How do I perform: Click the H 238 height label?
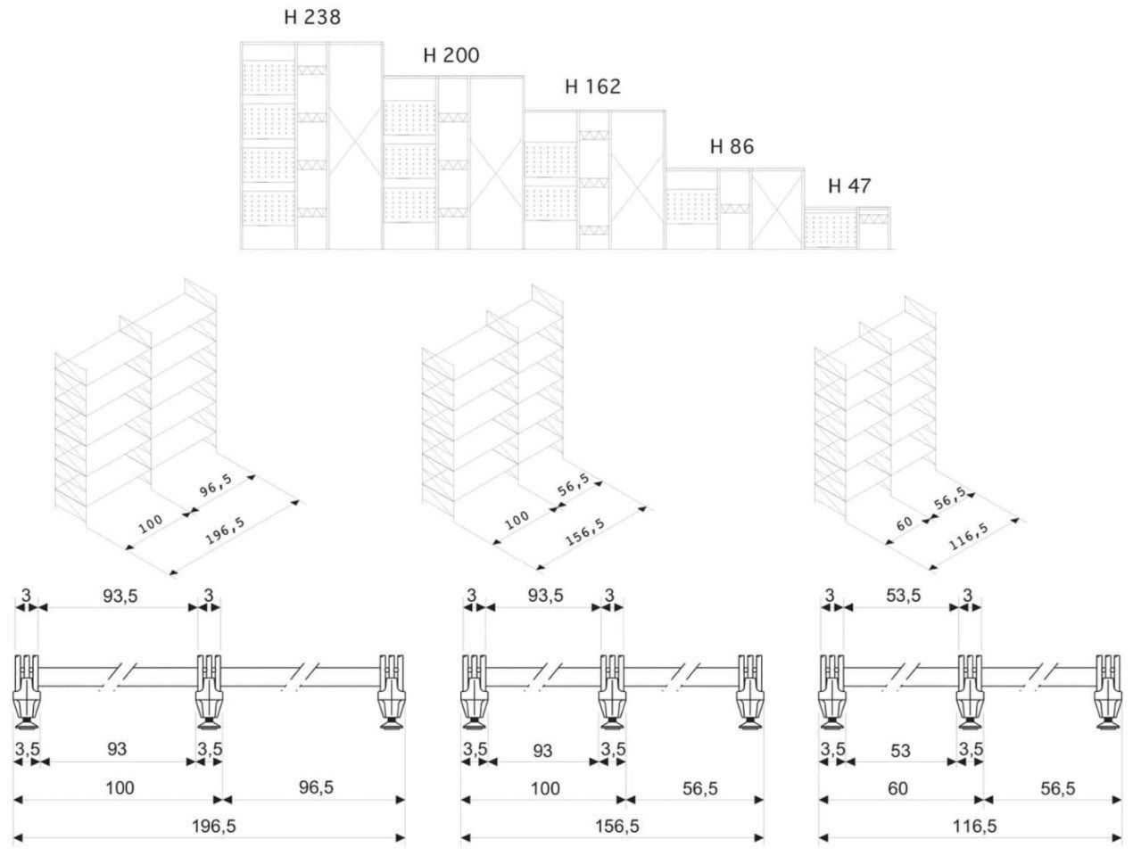pyautogui.click(x=312, y=17)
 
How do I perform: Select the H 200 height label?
pyautogui.click(x=451, y=56)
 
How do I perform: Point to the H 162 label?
pyautogui.click(x=592, y=87)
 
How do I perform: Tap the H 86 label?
pyautogui.click(x=732, y=147)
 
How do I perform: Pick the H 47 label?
pyautogui.click(x=849, y=186)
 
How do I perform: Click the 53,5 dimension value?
pyautogui.click(x=903, y=596)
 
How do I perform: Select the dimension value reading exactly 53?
pyautogui.click(x=900, y=751)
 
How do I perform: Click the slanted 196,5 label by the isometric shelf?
pyautogui.click(x=226, y=530)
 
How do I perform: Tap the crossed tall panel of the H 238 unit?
pyautogui.click(x=355, y=147)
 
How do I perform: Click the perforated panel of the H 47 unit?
pyautogui.click(x=830, y=229)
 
